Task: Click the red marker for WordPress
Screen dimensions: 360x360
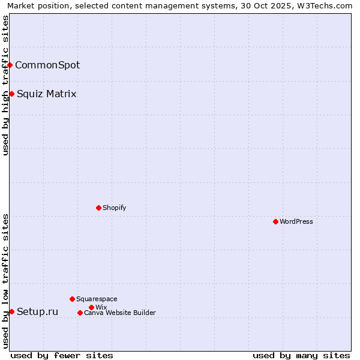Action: point(275,221)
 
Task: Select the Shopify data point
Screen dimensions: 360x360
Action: point(98,208)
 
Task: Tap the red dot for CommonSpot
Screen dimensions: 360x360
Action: point(10,65)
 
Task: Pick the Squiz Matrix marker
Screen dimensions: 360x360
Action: point(11,94)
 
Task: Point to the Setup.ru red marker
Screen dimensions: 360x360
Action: point(11,311)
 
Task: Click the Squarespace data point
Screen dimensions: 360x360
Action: point(72,299)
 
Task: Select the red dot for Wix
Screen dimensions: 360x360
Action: point(91,307)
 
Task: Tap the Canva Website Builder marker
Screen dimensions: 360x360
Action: point(80,313)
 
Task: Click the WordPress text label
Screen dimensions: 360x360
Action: point(296,221)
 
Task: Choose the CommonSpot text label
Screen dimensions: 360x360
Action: point(47,65)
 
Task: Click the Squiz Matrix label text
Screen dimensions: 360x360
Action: point(47,94)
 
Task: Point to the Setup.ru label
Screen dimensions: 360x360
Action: point(38,311)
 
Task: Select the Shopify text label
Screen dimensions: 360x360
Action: point(115,208)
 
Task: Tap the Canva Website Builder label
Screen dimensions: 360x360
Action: point(120,313)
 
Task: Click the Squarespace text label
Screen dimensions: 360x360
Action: point(97,299)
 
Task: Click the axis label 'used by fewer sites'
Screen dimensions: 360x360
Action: point(62,355)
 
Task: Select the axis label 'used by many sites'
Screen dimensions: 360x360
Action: point(301,355)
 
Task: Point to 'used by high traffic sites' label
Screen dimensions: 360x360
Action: point(5,85)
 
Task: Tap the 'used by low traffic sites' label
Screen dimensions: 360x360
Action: point(5,281)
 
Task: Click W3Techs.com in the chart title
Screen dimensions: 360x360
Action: point(328,5)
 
